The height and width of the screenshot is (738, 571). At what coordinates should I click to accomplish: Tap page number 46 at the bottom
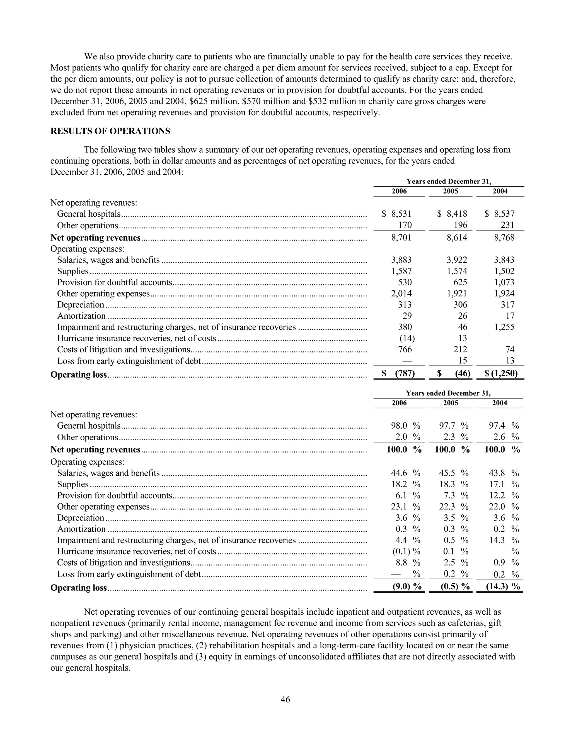tap(285, 700)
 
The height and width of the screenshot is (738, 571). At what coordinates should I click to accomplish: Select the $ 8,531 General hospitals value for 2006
tap(397, 214)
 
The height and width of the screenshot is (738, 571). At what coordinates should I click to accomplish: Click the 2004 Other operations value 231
tap(507, 225)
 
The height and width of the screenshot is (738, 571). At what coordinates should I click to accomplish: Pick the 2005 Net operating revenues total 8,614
tap(457, 238)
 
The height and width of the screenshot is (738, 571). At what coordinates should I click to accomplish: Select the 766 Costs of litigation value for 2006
tap(405, 350)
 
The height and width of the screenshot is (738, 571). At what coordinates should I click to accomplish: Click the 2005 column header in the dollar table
tap(450, 191)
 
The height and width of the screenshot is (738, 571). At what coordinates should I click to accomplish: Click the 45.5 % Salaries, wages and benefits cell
tap(453, 473)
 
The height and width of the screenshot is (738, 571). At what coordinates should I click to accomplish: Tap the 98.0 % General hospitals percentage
tap(405, 426)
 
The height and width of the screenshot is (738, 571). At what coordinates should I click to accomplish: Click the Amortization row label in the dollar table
tap(81, 316)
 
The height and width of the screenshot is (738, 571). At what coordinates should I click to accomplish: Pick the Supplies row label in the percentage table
tap(73, 484)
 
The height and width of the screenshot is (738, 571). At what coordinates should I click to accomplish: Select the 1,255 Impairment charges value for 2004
tap(504, 327)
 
